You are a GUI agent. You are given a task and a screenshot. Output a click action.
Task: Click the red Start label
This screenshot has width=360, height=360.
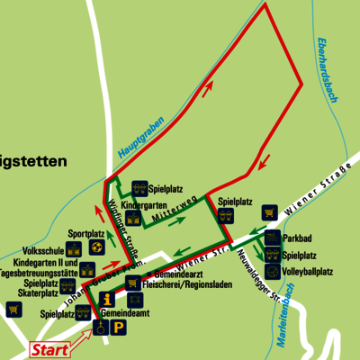(49, 349)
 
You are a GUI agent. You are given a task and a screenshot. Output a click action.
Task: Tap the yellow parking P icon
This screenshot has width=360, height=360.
(119, 329)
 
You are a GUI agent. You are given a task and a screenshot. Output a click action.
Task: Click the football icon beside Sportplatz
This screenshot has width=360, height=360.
(97, 246)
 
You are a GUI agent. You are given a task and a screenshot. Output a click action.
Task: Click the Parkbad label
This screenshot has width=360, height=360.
(297, 238)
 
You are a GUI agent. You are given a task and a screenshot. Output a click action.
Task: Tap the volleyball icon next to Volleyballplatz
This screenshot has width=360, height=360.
(272, 270)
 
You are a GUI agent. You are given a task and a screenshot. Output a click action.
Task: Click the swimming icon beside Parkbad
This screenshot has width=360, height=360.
(272, 238)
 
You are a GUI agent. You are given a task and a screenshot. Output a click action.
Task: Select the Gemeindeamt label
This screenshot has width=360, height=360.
(124, 314)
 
